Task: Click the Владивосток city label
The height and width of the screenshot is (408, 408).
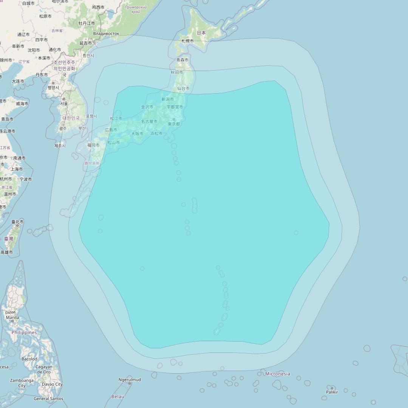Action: (106, 34)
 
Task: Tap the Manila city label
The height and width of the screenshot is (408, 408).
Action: (12, 318)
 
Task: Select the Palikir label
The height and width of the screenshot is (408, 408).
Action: (332, 392)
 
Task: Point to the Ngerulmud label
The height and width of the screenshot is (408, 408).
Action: (130, 380)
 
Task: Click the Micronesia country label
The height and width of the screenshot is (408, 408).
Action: (278, 374)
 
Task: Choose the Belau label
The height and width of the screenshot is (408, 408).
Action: (118, 396)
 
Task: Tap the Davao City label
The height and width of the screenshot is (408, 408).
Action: (53, 384)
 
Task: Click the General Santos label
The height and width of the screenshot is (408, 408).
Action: (48, 399)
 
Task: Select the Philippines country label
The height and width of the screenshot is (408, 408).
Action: (24, 333)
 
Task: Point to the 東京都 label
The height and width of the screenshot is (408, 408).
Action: (174, 124)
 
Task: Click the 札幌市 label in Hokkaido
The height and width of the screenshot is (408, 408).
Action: (187, 41)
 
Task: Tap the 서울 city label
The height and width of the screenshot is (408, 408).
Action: (64, 104)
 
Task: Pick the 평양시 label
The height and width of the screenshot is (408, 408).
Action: (53, 88)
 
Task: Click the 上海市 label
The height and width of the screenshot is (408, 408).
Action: (17, 169)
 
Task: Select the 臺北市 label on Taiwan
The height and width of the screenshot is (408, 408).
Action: (17, 222)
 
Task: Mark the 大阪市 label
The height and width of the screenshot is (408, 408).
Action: (137, 134)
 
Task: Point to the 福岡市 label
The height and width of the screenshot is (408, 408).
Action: (93, 145)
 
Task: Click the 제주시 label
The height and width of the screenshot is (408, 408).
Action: (60, 145)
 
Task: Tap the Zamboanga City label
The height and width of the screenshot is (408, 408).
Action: (22, 383)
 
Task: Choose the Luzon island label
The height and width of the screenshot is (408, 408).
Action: (10, 312)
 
